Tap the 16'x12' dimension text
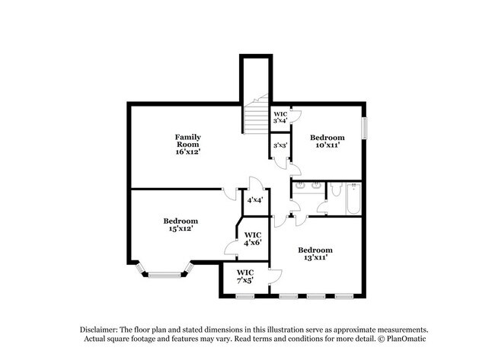point(187,151)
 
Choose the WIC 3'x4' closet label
point(280,117)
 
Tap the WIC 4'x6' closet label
point(253,238)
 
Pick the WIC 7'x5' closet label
point(245,276)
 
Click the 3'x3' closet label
point(279,145)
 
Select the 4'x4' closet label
point(254,200)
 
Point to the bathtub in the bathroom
point(352,199)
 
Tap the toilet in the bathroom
point(334,191)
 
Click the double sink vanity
point(308,187)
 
